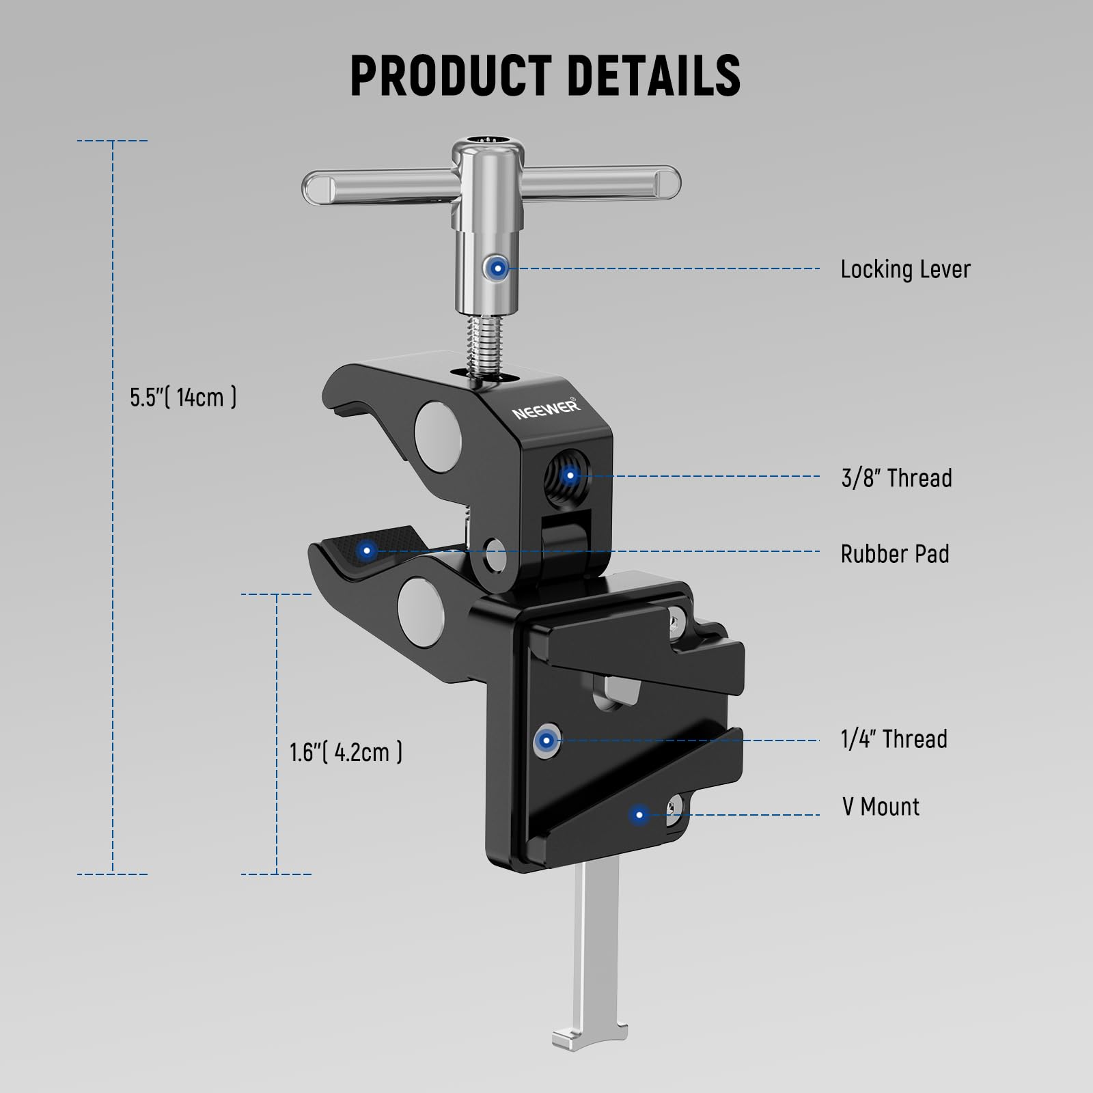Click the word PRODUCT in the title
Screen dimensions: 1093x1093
coord(451,75)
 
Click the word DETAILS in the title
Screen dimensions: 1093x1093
coord(654,75)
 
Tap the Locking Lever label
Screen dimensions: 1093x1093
coord(905,270)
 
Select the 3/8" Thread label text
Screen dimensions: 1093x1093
coord(896,478)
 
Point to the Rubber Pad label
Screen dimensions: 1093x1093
coord(895,554)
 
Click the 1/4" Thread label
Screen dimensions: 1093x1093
coord(894,739)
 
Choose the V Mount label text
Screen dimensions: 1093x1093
coord(881,807)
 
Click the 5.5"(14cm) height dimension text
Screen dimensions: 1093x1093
coord(183,397)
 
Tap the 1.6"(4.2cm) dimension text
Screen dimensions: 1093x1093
coord(346,752)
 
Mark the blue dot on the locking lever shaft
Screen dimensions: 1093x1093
coord(497,268)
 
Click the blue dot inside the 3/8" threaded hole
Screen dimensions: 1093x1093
coord(570,475)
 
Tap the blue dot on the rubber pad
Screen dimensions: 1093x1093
coord(367,550)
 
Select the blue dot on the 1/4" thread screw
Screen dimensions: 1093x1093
coord(546,739)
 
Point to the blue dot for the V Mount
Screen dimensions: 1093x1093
coord(639,814)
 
